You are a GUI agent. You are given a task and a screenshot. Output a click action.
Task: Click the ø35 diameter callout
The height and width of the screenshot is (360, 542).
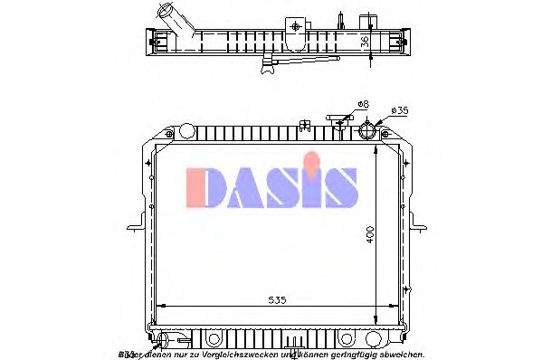click(x=399, y=111)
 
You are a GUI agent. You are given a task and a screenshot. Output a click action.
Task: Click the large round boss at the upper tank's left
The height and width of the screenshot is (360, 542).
click(x=186, y=132)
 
